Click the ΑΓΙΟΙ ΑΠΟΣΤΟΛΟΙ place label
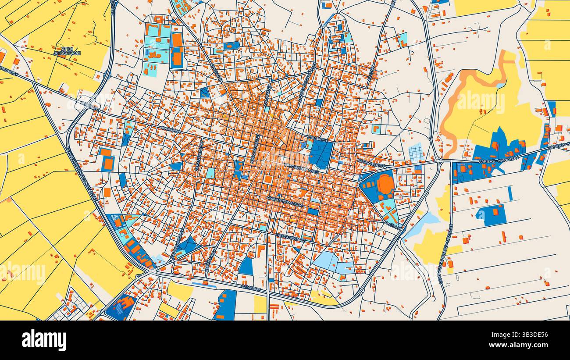point(67,51)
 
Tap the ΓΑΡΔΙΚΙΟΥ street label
point(318,138)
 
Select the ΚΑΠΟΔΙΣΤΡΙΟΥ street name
point(370,163)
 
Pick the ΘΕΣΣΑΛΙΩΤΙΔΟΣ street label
point(290,237)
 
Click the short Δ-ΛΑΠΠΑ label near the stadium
point(394,225)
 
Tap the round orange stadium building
point(385,184)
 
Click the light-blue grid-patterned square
point(416,153)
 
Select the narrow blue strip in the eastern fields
point(509,193)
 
